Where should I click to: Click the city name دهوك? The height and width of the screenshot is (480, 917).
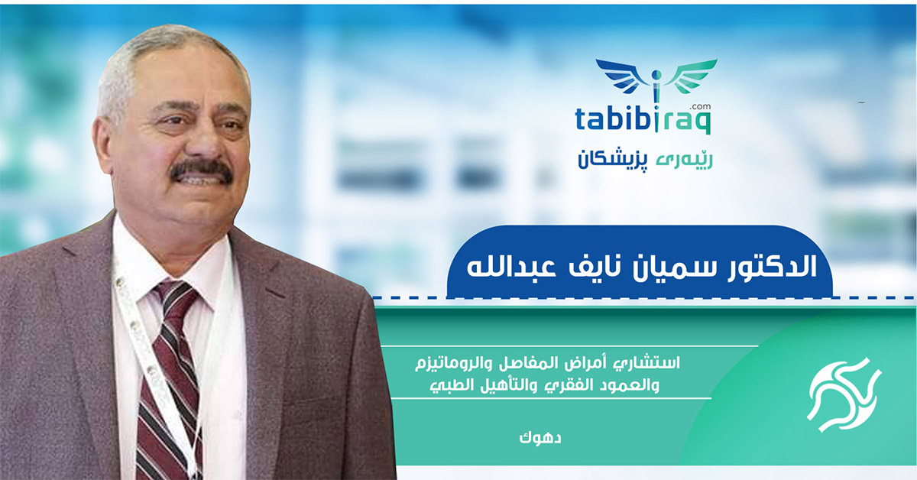pos(533,438)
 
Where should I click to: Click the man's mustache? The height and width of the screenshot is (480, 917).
pos(200,170)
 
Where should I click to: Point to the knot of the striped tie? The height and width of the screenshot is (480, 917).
pos(177,295)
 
